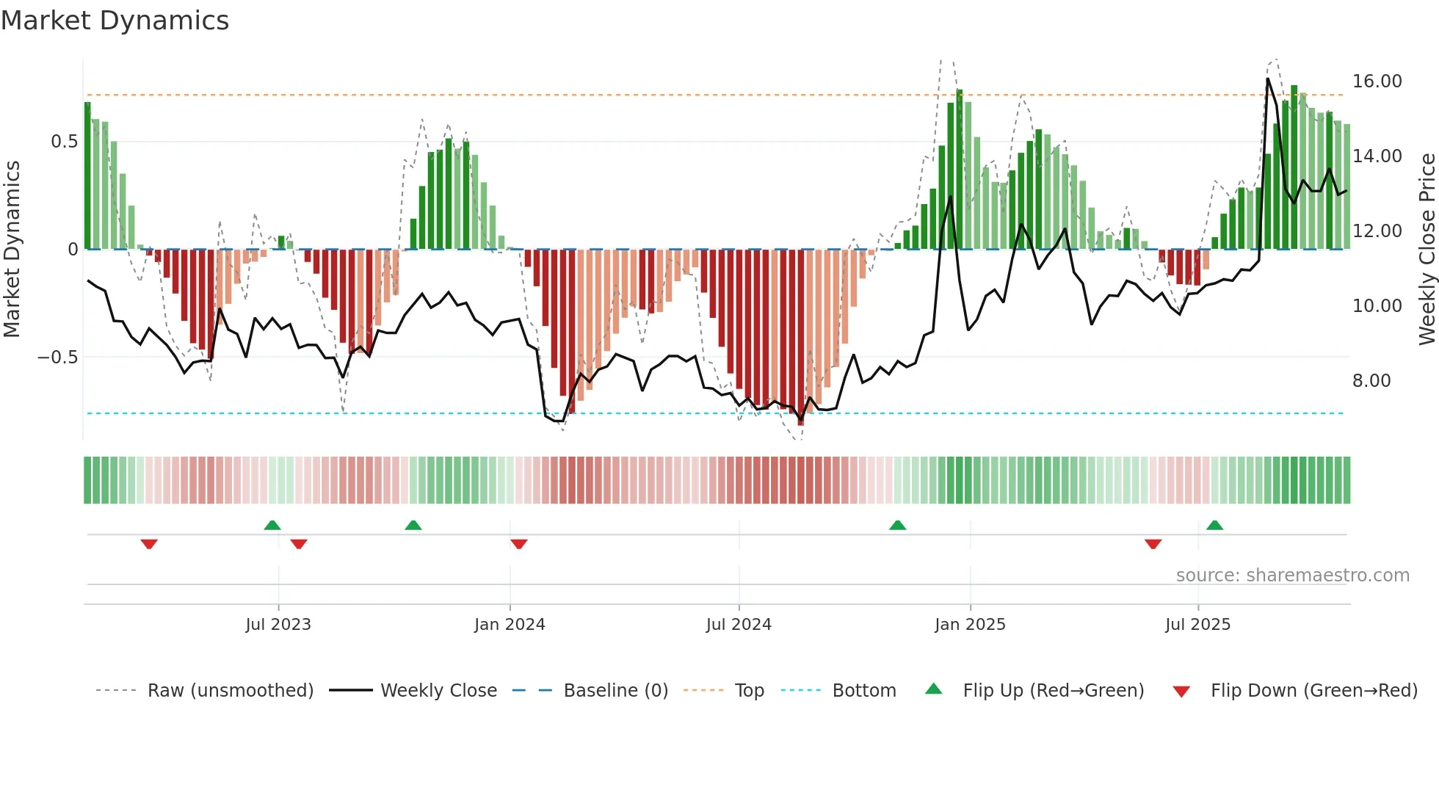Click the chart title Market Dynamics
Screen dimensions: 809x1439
115,21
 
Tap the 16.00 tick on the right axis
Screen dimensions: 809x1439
1377,81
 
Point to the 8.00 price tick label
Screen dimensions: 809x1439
1371,381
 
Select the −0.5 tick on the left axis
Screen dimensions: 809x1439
57,358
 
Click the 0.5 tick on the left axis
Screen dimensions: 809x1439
64,142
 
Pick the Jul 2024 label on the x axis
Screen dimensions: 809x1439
738,625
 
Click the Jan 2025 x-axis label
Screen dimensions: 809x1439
969,625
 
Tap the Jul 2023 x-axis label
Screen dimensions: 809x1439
278,625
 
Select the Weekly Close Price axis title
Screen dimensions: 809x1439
1427,250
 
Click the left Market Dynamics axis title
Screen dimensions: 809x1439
12,250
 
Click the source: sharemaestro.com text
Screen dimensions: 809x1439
1292,576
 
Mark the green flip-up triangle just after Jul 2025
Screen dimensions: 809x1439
1214,525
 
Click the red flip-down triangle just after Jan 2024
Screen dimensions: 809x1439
518,544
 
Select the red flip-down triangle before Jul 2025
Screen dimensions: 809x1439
1153,544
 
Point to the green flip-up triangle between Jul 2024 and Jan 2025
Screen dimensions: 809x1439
897,525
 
